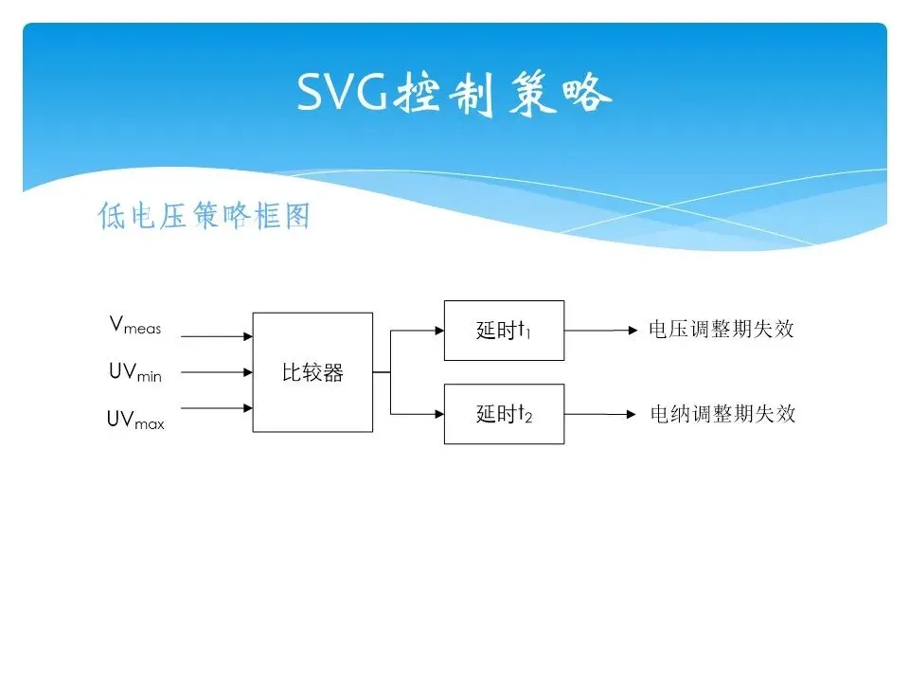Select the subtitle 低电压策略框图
[204, 217]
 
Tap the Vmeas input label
[135, 326]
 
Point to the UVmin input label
[135, 373]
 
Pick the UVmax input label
[135, 420]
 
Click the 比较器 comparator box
[312, 372]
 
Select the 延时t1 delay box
[504, 331]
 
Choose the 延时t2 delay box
[504, 414]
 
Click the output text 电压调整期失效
[721, 330]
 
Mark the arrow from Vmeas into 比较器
[216, 335]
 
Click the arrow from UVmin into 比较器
[216, 372]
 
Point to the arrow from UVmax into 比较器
[216, 409]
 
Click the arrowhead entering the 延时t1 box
[438, 331]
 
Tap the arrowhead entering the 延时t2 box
[438, 414]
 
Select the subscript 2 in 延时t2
[528, 418]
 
